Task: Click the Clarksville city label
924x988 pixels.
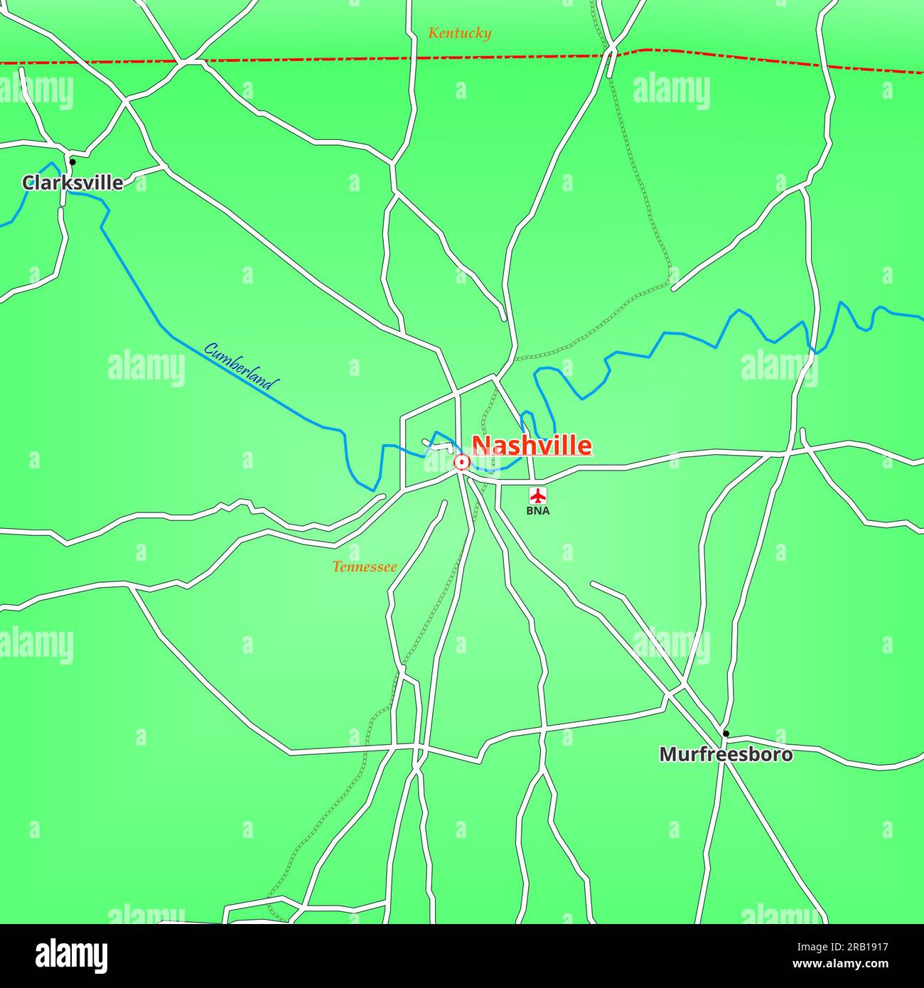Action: [72, 183]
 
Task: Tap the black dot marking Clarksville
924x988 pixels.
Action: [72, 162]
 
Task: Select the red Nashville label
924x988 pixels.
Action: [532, 445]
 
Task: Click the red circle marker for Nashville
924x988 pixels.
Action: [462, 463]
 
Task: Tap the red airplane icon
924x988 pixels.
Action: [538, 495]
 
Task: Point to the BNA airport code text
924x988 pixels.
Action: [538, 510]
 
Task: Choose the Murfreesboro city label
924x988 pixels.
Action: [726, 754]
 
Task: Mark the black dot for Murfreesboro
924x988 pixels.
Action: [726, 733]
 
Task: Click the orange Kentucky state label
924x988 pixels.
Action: [459, 33]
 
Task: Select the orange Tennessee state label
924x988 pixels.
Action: [364, 567]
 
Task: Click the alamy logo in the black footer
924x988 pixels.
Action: [71, 956]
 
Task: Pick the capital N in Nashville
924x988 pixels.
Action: [481, 446]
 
